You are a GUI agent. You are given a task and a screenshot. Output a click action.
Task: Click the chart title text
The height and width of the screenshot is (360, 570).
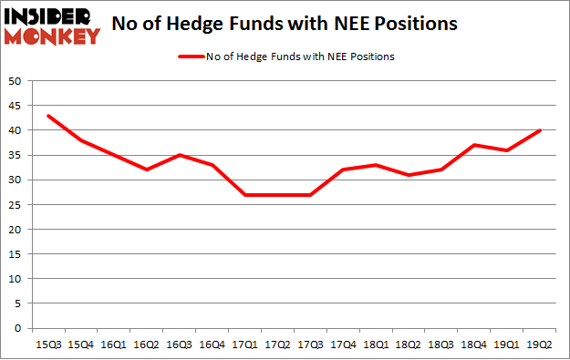point(284,24)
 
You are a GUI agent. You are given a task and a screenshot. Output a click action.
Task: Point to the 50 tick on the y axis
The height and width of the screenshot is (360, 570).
point(16,81)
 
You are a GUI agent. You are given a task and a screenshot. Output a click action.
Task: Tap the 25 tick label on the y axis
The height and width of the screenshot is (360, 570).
point(16,205)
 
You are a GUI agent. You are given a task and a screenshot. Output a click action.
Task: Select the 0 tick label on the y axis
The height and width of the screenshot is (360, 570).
point(19,328)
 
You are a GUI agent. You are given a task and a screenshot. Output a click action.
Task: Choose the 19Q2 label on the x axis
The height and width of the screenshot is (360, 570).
point(538,345)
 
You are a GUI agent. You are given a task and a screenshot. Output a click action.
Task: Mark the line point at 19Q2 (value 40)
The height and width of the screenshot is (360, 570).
point(538,130)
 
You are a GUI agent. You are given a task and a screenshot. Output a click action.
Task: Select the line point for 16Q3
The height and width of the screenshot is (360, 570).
point(178,155)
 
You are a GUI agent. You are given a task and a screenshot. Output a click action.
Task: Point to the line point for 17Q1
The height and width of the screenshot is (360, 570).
point(244,195)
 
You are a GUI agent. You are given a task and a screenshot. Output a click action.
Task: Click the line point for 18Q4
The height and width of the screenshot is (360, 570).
point(472,145)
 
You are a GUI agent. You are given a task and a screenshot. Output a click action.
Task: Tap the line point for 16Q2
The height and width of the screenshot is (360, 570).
point(145,170)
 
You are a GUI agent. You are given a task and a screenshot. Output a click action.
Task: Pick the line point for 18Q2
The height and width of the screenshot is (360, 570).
point(407,175)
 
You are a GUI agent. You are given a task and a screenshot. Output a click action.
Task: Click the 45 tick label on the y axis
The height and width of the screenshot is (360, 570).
point(16,106)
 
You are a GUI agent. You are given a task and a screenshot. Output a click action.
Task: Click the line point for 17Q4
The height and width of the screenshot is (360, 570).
point(341,170)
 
